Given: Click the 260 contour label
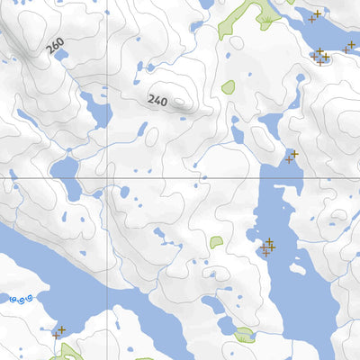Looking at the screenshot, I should point(57,46).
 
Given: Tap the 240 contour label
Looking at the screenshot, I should point(158,100).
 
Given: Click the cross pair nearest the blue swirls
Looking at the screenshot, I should point(59,331).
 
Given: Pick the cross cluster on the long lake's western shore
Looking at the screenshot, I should point(268,246).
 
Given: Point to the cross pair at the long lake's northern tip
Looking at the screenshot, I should point(292,157).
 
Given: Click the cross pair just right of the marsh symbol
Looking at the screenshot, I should point(315,15).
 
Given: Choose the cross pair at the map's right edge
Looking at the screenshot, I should point(349,48).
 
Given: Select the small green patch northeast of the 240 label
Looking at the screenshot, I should point(229,87).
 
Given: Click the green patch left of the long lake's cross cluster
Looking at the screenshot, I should point(216,242).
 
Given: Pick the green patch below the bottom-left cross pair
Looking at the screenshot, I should point(63,351).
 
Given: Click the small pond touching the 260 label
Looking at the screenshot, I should point(65,54).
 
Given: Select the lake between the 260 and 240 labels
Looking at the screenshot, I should point(95,112).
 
